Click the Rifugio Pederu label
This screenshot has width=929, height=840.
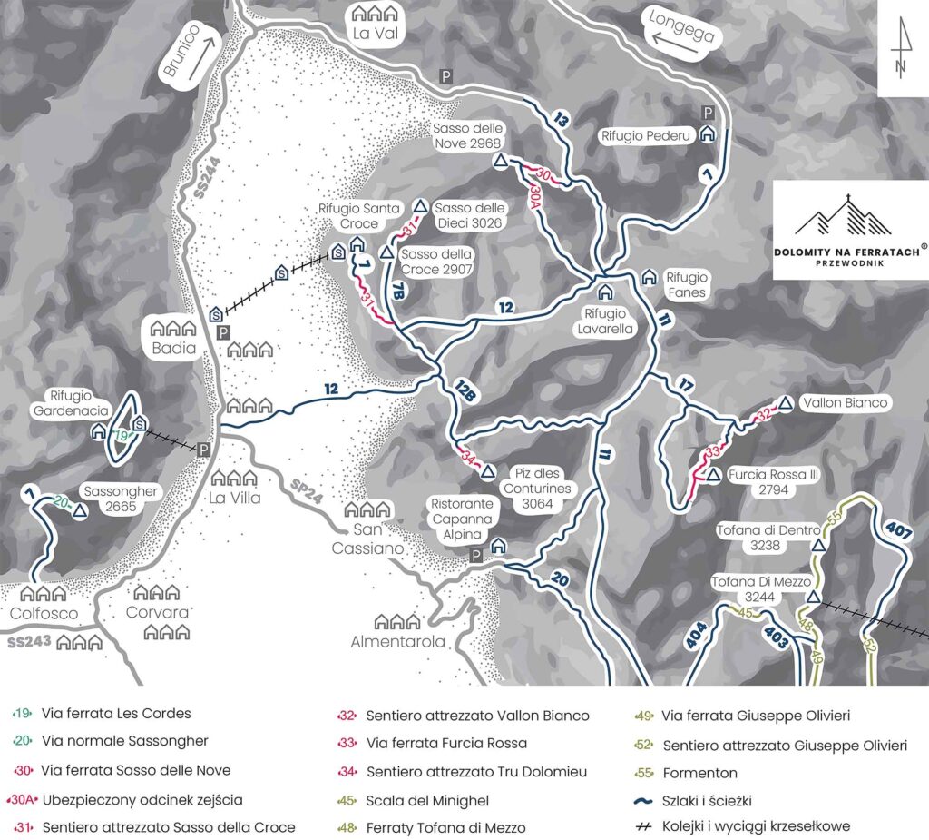point(646,135)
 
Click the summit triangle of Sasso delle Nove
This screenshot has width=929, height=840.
point(500,161)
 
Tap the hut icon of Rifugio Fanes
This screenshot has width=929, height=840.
point(649,276)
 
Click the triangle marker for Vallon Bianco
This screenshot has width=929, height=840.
point(786,402)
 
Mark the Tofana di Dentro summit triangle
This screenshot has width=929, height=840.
point(818,546)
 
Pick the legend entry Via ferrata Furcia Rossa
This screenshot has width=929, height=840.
point(446,743)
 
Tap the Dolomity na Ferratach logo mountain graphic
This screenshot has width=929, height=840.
point(836,218)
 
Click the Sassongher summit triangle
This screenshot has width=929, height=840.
point(80,511)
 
